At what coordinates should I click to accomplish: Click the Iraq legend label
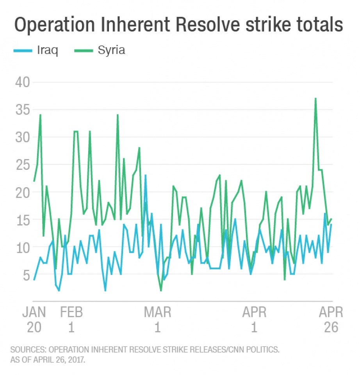tap(48, 51)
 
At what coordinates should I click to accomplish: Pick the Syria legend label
tap(111, 51)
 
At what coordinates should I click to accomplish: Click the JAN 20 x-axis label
tap(34, 320)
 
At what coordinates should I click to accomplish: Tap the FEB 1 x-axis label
tap(71, 320)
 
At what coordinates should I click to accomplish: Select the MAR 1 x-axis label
tap(157, 320)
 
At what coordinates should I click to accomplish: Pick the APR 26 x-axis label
tap(331, 320)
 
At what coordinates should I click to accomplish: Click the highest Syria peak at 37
tap(315, 99)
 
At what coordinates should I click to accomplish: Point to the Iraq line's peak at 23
tap(145, 175)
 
